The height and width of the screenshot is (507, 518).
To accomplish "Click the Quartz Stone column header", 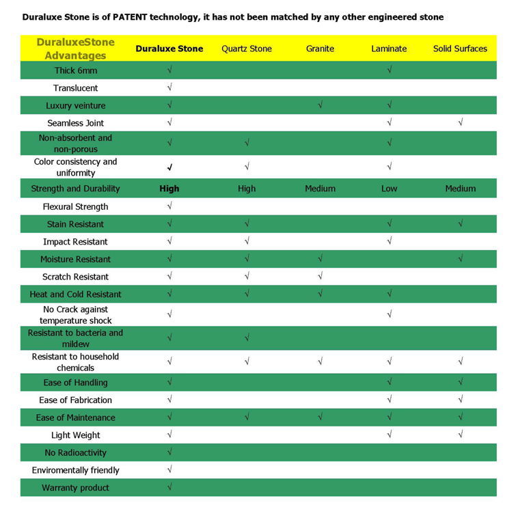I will pos(247,49).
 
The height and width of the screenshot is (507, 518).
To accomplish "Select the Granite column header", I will pos(320,49).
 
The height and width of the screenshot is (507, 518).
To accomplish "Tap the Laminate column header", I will pos(389,49).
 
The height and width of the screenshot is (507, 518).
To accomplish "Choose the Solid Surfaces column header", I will pos(460,49).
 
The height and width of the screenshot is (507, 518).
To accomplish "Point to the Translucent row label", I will pos(75,88).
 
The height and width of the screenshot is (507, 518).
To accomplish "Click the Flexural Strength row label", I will pos(75,206).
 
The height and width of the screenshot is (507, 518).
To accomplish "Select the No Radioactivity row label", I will pos(75,452).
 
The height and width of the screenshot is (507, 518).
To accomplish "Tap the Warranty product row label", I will pos(75,488).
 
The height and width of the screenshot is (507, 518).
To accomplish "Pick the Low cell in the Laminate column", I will pos(389,189).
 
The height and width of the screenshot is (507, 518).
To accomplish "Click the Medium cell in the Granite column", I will pos(320,189).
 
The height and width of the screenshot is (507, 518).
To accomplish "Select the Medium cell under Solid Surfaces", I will pos(460,189).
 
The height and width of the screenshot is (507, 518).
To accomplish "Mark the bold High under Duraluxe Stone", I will pos(169,189).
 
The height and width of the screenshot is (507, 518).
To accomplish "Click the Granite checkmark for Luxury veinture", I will pos(320,105).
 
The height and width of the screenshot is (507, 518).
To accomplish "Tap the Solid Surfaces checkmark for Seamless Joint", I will pos(461,122).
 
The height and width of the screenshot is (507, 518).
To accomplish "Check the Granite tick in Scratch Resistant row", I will pos(320,277).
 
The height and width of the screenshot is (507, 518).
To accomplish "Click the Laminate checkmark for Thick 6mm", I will pos(389,70).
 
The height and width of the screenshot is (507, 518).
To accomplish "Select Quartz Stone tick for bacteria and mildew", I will pos(247,338).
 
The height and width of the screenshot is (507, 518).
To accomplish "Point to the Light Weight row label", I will pos(75,435).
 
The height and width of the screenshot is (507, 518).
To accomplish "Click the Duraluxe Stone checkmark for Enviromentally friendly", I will pos(169,469).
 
